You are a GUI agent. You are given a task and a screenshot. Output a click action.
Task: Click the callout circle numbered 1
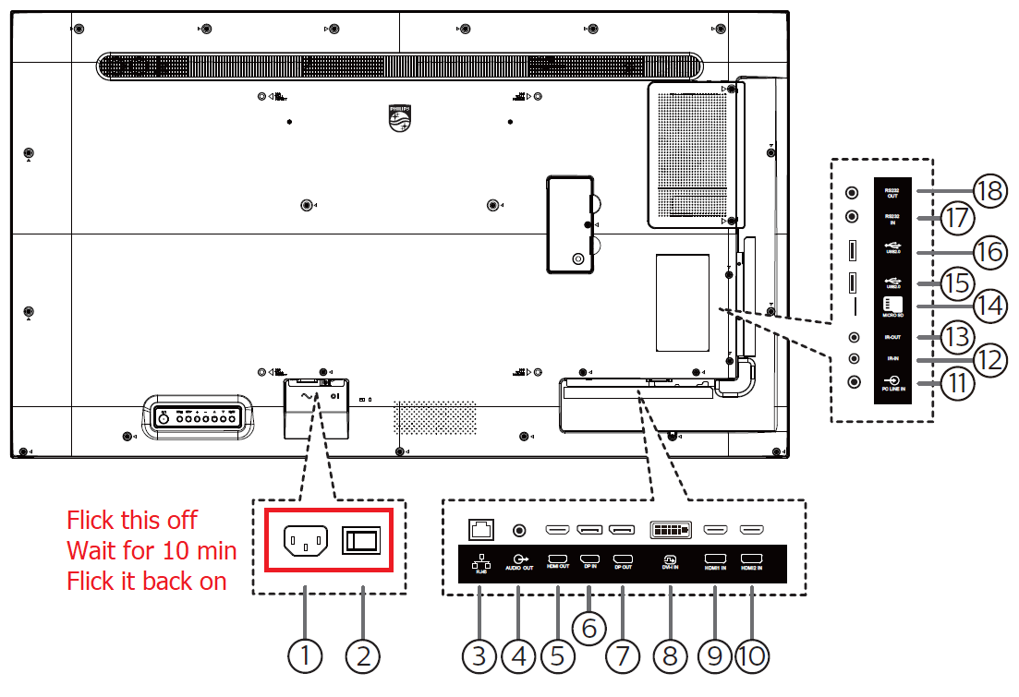click(x=305, y=656)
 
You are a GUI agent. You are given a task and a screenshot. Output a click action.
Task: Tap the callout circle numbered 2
click(x=363, y=656)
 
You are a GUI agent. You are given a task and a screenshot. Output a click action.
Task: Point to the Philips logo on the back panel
click(x=399, y=118)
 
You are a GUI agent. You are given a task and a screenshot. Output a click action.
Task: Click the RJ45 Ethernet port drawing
click(x=480, y=529)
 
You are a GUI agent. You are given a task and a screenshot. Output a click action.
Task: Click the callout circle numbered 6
click(x=588, y=627)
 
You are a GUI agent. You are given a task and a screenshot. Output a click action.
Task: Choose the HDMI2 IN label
click(x=751, y=562)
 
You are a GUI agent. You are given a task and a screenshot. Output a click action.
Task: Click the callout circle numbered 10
click(x=753, y=656)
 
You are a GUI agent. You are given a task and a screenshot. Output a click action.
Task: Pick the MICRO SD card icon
click(x=892, y=306)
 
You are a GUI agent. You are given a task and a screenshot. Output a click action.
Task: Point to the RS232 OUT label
click(x=892, y=192)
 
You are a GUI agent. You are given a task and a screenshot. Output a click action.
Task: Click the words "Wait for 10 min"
click(x=152, y=551)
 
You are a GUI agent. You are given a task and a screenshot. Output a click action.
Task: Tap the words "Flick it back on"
click(x=146, y=582)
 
